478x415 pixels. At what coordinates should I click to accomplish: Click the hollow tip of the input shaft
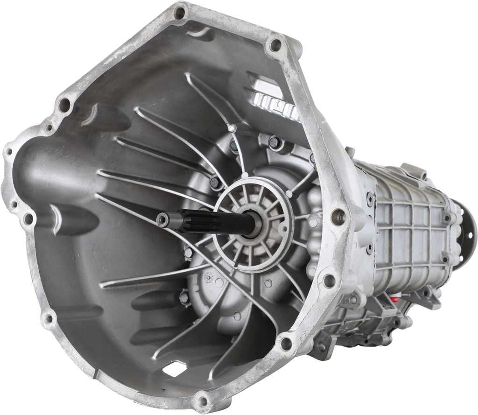[x=162, y=220]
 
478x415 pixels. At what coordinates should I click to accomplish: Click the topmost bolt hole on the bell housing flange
[x=179, y=13]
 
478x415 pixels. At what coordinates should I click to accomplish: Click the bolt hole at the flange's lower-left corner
[x=48, y=319]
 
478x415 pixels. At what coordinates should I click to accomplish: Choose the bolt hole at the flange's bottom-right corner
[x=286, y=344]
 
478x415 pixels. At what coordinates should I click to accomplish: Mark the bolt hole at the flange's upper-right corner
[x=275, y=45]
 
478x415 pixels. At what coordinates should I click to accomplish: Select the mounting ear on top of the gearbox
[x=414, y=170]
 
